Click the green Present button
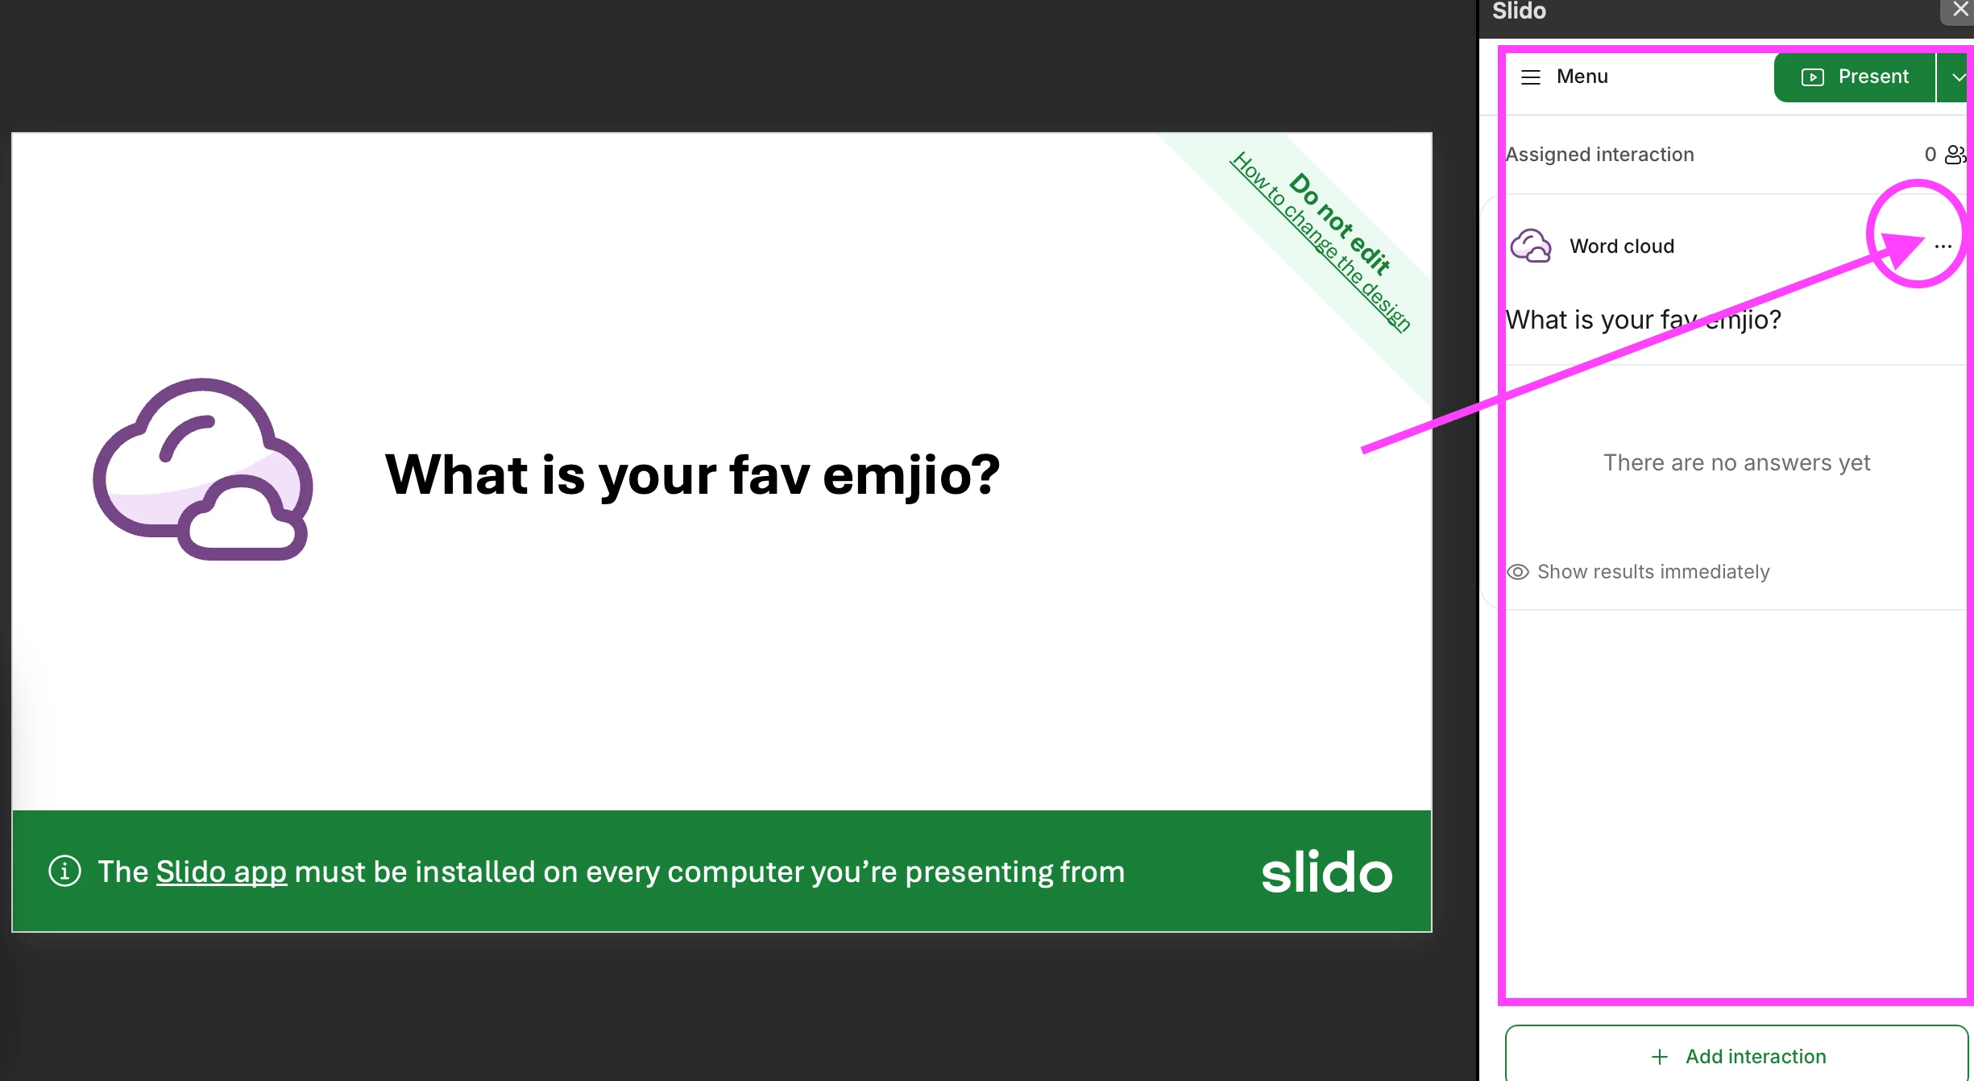coord(1854,77)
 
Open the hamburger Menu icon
coord(1531,77)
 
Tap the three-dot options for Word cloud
coord(1943,246)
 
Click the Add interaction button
coord(1736,1055)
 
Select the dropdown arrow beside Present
coord(1957,77)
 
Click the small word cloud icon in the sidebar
coord(1531,246)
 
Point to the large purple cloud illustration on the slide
coord(202,470)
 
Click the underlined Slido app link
coord(222,872)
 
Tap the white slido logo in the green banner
coord(1326,872)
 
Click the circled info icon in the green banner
coord(65,871)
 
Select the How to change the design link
coord(1321,242)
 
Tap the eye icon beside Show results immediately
coord(1518,572)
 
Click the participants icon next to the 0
coord(1956,154)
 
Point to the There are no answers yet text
coord(1736,462)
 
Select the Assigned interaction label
coord(1599,154)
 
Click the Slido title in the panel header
coord(1519,10)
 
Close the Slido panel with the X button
coord(1960,10)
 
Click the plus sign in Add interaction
coord(1660,1056)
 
